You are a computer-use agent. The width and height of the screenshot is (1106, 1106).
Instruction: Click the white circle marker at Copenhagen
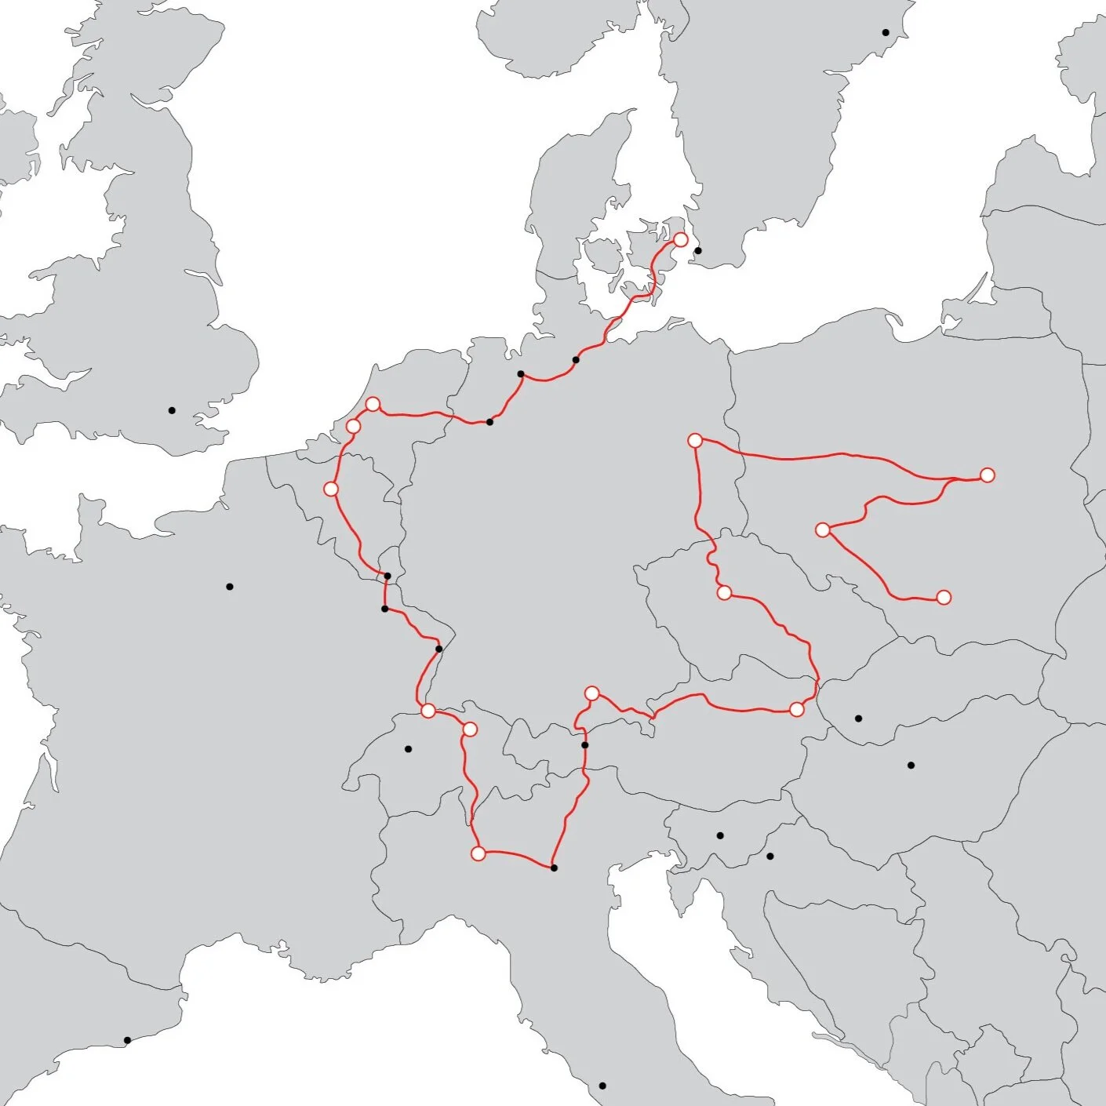[681, 239]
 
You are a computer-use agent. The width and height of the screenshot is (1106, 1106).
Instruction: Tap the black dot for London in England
[172, 410]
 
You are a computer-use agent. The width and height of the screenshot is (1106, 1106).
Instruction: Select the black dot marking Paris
[230, 587]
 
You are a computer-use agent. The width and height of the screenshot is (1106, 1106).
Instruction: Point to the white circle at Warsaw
[988, 475]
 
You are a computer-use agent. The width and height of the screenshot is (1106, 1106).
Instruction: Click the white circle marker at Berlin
[695, 441]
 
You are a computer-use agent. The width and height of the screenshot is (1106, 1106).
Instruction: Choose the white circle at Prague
[724, 593]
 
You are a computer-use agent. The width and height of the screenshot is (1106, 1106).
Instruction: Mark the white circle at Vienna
[797, 710]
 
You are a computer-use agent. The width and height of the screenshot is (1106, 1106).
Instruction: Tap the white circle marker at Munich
[592, 693]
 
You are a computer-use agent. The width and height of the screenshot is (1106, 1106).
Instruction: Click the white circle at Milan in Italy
[478, 853]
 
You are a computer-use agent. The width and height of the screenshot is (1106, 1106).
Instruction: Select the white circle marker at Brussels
[331, 489]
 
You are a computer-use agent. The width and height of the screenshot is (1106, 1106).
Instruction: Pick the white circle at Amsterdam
[373, 404]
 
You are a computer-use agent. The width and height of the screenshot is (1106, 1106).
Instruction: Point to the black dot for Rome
[602, 1086]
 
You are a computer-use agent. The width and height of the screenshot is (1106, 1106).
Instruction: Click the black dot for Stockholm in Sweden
[886, 33]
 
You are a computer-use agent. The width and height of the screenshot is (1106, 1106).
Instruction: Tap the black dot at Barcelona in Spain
[127, 1040]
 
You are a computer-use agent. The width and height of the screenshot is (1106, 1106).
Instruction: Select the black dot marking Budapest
[911, 765]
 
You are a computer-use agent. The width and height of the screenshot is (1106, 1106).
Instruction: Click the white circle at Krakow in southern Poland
[944, 598]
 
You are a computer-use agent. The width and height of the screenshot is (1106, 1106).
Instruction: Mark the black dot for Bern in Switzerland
[408, 749]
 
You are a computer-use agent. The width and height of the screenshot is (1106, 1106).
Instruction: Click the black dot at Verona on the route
[554, 868]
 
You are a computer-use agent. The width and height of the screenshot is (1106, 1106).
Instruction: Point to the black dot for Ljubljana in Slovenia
[720, 835]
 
